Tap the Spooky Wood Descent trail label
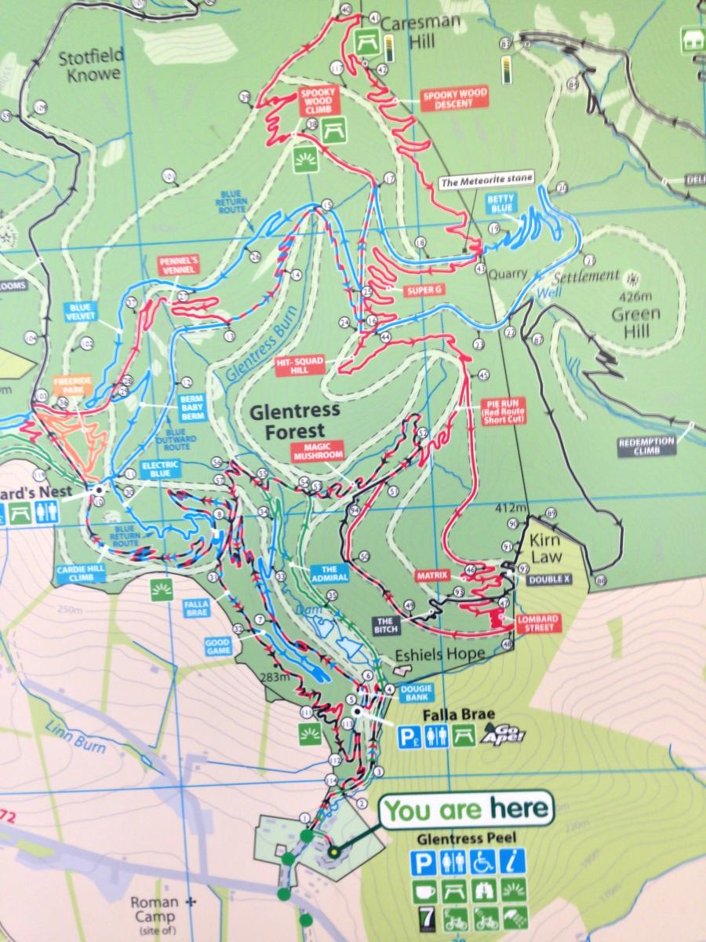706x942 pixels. [x=455, y=97]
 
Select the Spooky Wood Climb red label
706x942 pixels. [x=318, y=100]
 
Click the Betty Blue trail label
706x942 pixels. [x=504, y=203]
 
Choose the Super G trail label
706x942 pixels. [x=424, y=290]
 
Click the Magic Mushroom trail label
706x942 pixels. [x=318, y=451]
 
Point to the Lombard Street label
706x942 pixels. [x=537, y=623]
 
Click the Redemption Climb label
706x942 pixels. [x=646, y=445]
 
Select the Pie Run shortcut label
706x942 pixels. [x=503, y=411]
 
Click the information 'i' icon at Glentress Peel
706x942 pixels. [x=514, y=862]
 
